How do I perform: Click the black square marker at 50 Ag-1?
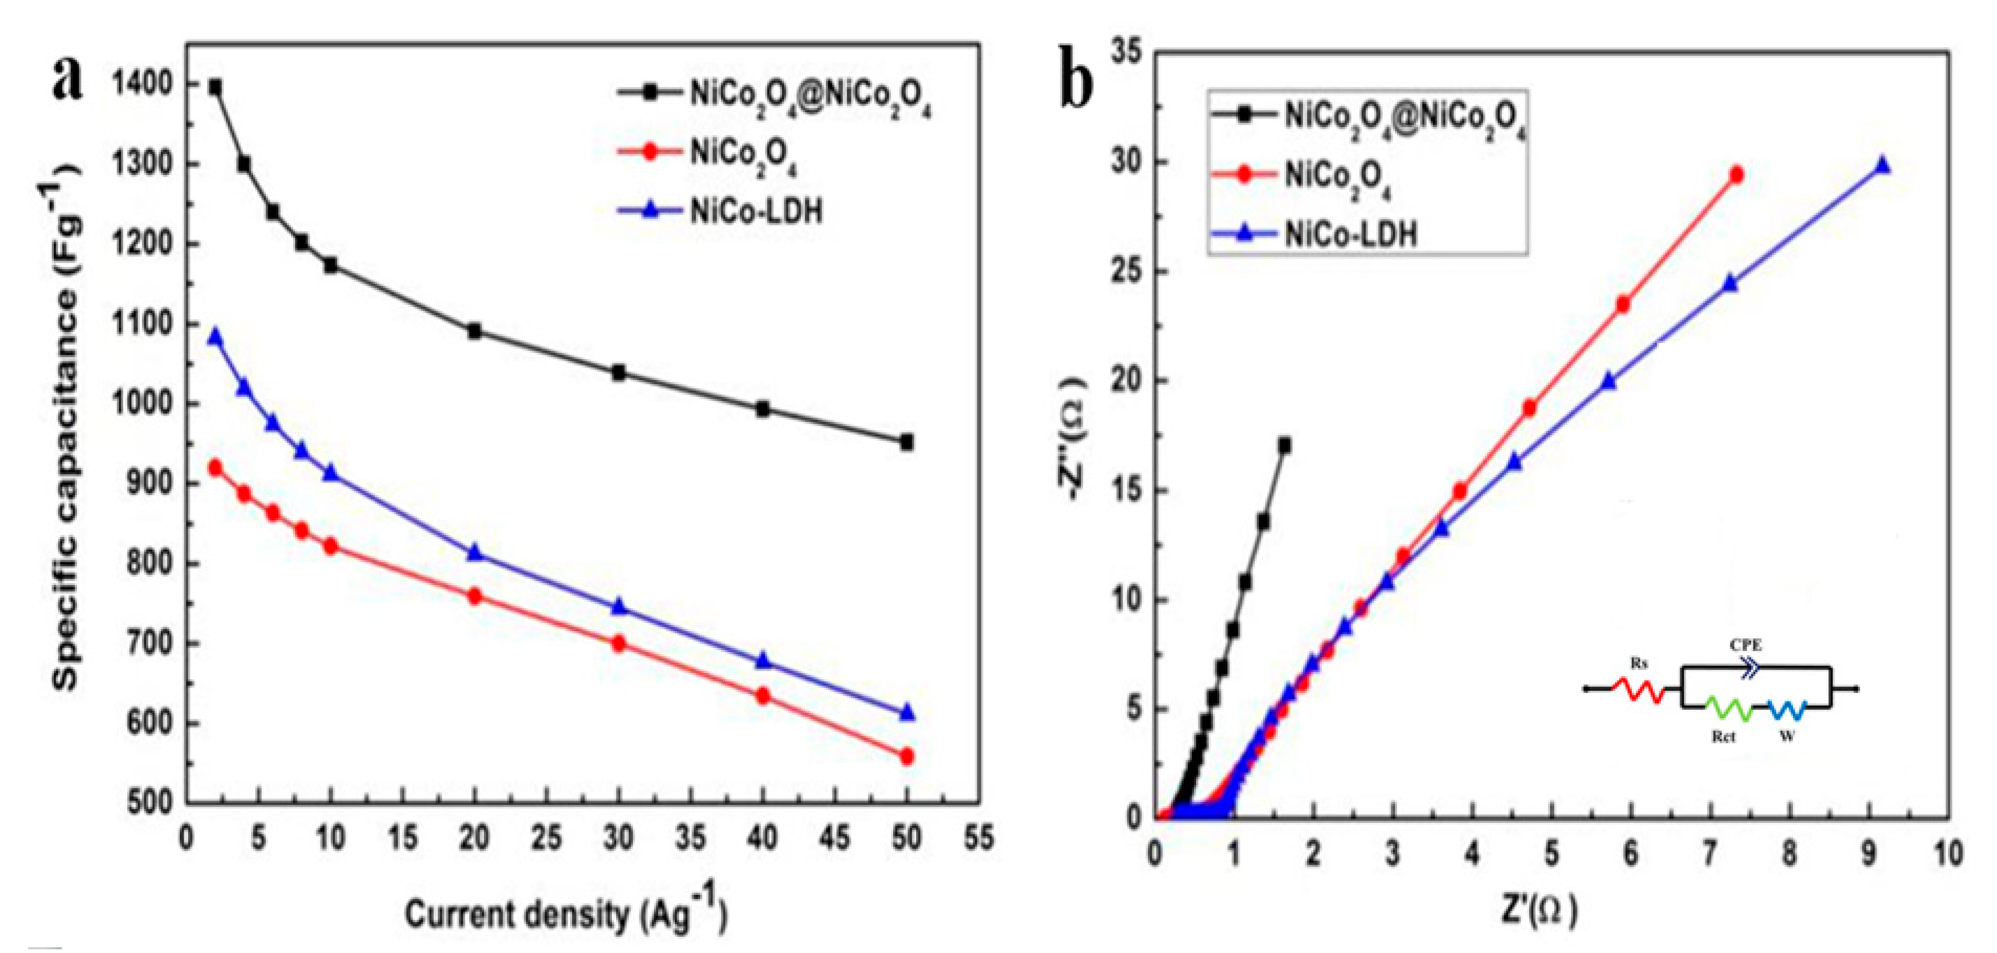(x=906, y=442)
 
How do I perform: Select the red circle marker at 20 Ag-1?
(x=475, y=596)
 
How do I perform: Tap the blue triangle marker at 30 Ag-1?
(x=618, y=607)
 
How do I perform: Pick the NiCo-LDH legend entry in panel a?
(x=756, y=211)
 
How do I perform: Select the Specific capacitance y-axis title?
(x=67, y=426)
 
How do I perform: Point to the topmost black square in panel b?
(x=1284, y=445)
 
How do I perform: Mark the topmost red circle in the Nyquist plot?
(x=1735, y=175)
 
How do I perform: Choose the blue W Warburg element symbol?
(x=1788, y=709)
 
